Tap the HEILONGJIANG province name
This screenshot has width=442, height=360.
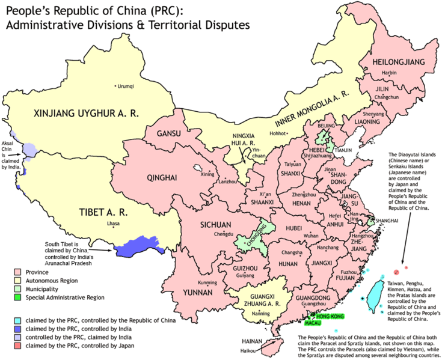point(394,63)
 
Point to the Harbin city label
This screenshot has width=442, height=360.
point(390,73)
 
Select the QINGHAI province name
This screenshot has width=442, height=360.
point(162,177)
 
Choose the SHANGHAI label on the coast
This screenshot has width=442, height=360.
point(387,221)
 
